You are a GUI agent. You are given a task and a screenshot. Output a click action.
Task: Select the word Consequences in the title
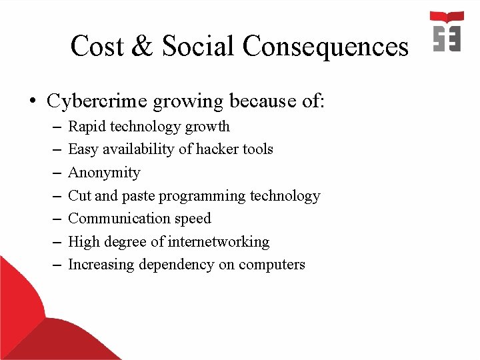(x=325, y=47)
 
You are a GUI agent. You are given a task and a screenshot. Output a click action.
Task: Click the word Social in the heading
(x=198, y=47)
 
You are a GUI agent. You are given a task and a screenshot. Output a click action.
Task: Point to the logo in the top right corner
(x=447, y=31)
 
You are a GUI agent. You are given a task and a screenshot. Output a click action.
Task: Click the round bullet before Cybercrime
(x=32, y=102)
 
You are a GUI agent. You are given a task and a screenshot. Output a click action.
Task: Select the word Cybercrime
(x=97, y=101)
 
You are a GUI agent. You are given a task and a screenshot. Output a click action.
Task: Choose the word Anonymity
(x=104, y=173)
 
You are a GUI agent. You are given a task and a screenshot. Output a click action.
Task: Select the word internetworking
(x=225, y=242)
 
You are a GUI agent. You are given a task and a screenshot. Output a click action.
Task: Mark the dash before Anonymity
(x=55, y=173)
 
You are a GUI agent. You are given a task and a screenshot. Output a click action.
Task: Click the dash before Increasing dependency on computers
(x=55, y=265)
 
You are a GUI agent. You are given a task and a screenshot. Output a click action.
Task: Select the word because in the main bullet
(x=258, y=101)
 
